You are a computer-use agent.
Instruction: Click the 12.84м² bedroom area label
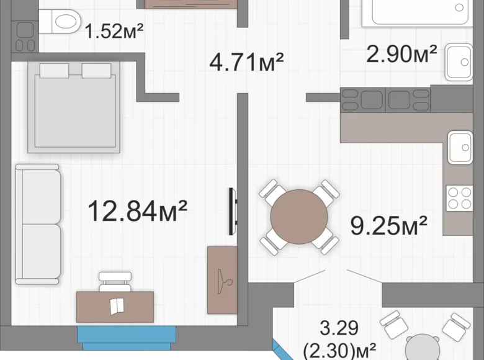[x=137, y=211]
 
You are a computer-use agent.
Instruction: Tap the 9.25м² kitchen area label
[x=388, y=225]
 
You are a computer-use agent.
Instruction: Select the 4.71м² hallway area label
[x=246, y=62]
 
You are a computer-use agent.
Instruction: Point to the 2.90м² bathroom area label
[x=401, y=54]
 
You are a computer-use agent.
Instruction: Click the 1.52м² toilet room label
[x=114, y=31]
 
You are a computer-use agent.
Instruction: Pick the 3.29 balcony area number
[x=339, y=328]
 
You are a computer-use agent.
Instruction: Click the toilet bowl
[x=59, y=21]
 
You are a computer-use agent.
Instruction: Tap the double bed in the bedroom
[x=74, y=107]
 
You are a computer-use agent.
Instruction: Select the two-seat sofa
[x=38, y=224]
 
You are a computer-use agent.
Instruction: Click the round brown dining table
[x=299, y=217]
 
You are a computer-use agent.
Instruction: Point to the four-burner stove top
[x=459, y=198]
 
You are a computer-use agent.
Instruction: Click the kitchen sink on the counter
[x=460, y=147]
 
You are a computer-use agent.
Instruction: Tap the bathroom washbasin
[x=459, y=62]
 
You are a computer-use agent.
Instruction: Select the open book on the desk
[x=117, y=305]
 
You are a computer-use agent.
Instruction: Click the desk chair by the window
[x=115, y=282]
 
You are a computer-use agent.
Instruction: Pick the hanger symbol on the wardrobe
[x=224, y=282]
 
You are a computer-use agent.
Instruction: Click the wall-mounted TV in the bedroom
[x=233, y=212]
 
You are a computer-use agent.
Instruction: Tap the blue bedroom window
[x=127, y=338]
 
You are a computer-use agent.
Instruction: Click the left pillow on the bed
[x=55, y=71]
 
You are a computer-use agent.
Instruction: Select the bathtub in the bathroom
[x=417, y=12]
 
